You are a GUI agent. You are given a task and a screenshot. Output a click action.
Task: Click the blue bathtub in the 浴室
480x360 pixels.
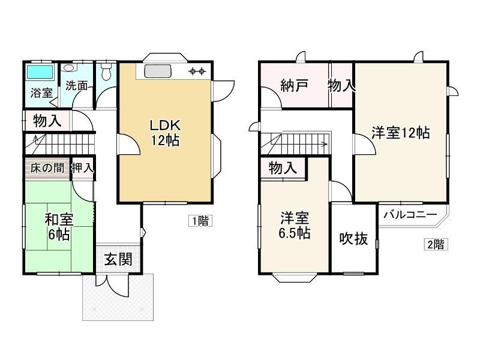(x=40, y=72)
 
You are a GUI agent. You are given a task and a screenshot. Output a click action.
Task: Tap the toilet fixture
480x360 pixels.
(x=106, y=72)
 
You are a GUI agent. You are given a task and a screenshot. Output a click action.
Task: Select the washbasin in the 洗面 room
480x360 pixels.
(x=68, y=67)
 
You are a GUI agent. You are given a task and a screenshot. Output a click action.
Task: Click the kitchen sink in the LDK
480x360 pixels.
(x=158, y=71)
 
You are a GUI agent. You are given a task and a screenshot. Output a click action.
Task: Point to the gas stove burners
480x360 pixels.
(x=197, y=71)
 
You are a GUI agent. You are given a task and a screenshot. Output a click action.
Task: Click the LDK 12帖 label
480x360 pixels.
(x=165, y=133)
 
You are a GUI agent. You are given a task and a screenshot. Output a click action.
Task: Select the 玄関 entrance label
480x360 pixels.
(x=118, y=259)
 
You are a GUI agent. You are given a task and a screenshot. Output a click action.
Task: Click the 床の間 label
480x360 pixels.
(x=47, y=168)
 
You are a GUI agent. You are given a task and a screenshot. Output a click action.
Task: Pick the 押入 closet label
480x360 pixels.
(x=82, y=167)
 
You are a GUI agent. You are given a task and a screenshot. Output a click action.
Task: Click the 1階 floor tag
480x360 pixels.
(x=200, y=221)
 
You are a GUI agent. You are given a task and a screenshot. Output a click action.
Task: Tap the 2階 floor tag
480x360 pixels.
(x=436, y=244)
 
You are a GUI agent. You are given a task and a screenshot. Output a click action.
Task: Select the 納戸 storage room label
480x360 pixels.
(x=294, y=85)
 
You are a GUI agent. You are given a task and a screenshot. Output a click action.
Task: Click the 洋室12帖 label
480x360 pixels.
(x=400, y=133)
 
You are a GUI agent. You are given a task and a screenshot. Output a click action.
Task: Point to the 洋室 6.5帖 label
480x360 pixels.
(x=294, y=226)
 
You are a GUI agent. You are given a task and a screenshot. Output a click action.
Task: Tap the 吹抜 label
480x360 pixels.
(x=353, y=238)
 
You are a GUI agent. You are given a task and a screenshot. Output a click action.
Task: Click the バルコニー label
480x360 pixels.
(x=410, y=214)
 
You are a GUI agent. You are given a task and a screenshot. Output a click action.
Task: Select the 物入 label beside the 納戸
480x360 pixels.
(x=341, y=85)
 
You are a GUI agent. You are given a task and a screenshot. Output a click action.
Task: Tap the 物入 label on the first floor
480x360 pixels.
(x=47, y=121)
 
